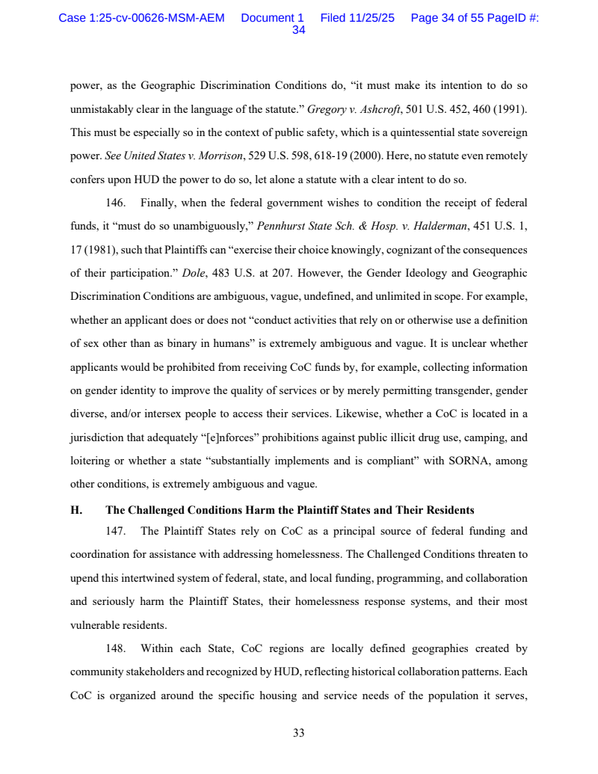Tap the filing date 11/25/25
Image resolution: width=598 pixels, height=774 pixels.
[x=372, y=18]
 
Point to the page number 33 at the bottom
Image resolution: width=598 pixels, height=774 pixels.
[x=298, y=733]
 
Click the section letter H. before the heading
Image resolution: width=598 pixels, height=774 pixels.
[x=75, y=511]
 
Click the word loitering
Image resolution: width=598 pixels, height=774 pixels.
[x=92, y=461]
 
